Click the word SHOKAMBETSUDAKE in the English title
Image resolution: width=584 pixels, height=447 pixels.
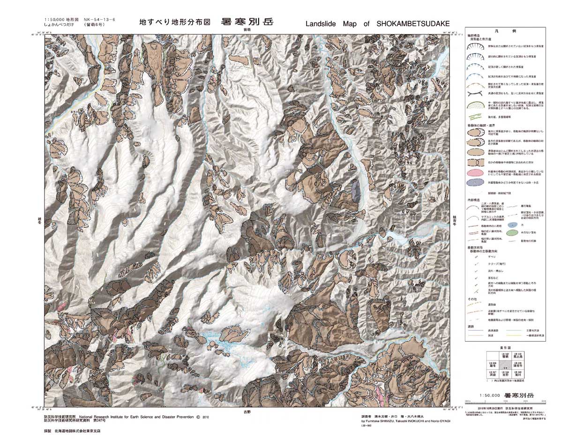point(413,24)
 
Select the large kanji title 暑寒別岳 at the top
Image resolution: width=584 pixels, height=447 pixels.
point(245,22)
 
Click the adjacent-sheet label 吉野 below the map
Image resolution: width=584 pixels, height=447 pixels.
point(247,411)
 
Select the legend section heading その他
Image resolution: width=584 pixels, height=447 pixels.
point(472,298)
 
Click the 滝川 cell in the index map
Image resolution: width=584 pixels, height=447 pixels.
point(517,374)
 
